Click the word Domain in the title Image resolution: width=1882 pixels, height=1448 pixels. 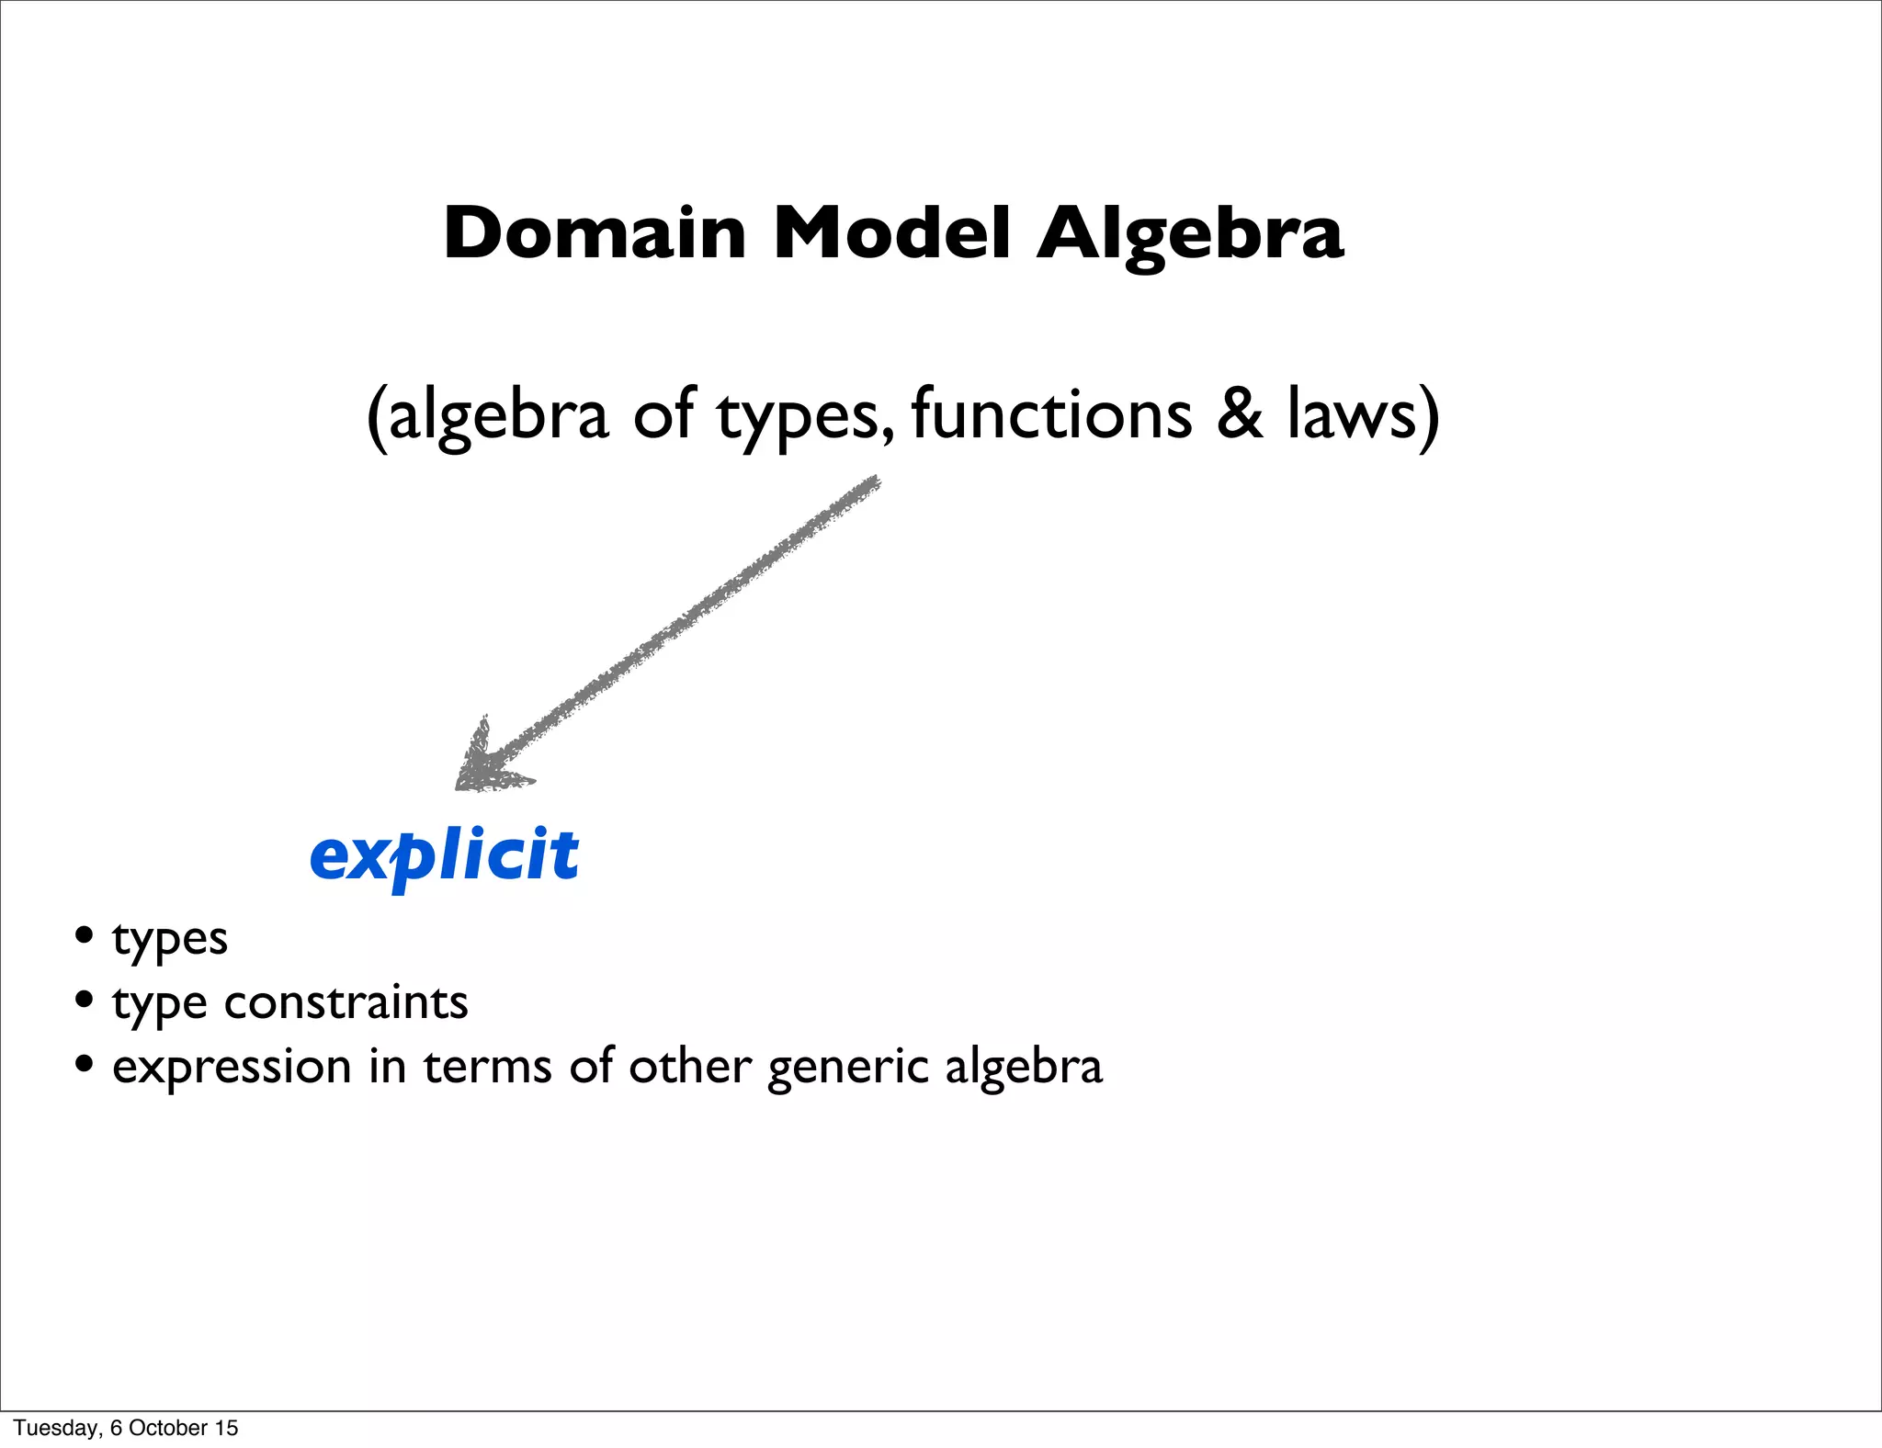click(594, 233)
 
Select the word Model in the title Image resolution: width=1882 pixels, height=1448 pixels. click(891, 233)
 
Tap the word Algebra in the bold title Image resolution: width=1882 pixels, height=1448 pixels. click(1190, 235)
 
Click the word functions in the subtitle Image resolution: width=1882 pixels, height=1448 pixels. click(1051, 415)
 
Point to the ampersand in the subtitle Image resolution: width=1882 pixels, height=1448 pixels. click(1241, 415)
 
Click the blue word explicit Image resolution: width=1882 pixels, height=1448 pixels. click(445, 855)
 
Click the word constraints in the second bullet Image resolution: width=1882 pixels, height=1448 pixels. click(346, 1002)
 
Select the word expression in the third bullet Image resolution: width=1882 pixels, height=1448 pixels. click(232, 1068)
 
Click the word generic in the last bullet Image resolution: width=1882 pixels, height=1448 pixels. click(847, 1068)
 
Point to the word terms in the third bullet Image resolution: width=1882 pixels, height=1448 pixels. click(487, 1068)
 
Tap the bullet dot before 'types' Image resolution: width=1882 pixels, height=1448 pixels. click(85, 936)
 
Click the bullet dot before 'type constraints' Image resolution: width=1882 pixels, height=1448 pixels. click(85, 1000)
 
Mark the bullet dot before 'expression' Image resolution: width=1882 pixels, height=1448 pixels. click(85, 1064)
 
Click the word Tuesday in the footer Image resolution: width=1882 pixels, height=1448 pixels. click(56, 1428)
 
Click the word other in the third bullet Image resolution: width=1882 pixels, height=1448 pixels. click(689, 1068)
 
